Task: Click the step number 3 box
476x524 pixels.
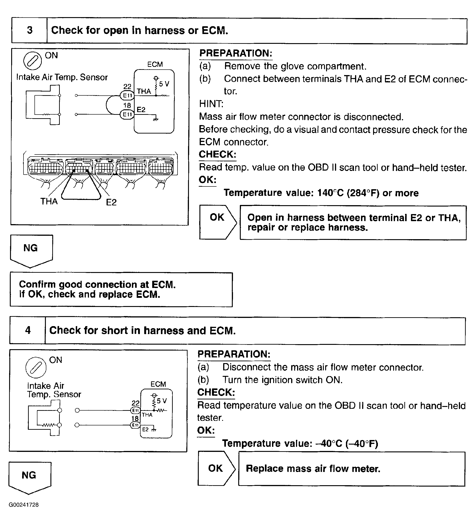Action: coord(29,30)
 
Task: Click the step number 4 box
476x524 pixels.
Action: coord(28,330)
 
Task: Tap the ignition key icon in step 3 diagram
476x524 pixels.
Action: coord(32,61)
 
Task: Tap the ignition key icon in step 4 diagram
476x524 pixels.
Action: coord(36,367)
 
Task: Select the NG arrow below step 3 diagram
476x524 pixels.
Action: coord(31,250)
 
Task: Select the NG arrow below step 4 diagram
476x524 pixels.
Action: coord(29,477)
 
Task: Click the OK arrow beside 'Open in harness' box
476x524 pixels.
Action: coord(218,222)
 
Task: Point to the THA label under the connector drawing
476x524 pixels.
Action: coord(49,202)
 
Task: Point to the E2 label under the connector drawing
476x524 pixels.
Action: coord(111,202)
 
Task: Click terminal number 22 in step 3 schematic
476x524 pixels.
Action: coord(127,86)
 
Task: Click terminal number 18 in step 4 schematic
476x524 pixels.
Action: coord(135,418)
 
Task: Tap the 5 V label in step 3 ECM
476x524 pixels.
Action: coord(164,84)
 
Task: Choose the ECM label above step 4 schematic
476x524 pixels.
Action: coord(158,384)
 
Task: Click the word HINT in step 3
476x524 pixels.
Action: coord(211,104)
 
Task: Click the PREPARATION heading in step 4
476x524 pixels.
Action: coord(234,354)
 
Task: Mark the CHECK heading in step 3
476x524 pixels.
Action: coord(217,154)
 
